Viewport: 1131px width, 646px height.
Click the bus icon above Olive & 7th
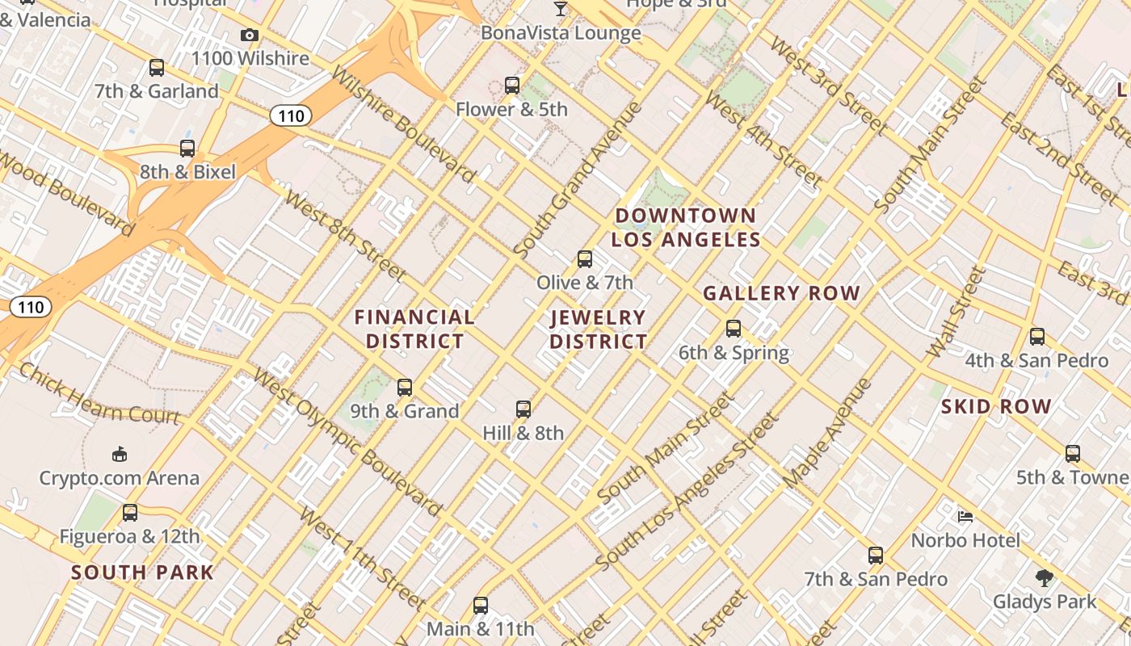point(585,259)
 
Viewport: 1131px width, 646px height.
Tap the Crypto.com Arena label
point(120,477)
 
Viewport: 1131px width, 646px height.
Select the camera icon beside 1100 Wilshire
point(250,35)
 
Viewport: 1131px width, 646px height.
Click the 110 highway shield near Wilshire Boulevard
point(291,116)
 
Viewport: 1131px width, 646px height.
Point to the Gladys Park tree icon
point(1045,577)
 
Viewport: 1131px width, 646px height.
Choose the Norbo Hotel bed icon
point(965,516)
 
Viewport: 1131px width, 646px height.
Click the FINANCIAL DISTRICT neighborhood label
point(414,329)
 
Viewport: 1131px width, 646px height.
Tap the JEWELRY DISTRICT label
point(598,329)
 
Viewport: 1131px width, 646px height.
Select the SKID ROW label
point(995,406)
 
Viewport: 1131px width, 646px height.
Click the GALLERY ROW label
point(781,293)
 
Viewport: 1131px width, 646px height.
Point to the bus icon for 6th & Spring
point(734,329)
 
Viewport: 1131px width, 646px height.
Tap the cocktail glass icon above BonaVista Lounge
point(561,9)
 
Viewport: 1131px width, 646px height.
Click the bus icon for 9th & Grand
point(405,388)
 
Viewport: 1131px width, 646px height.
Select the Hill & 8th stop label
point(523,433)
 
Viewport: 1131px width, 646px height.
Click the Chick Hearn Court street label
point(99,394)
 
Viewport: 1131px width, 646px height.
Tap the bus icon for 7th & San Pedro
point(876,556)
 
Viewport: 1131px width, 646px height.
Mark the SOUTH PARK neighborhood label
point(142,573)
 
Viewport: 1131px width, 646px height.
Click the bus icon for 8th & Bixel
point(187,149)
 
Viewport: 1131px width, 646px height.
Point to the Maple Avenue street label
point(827,432)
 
